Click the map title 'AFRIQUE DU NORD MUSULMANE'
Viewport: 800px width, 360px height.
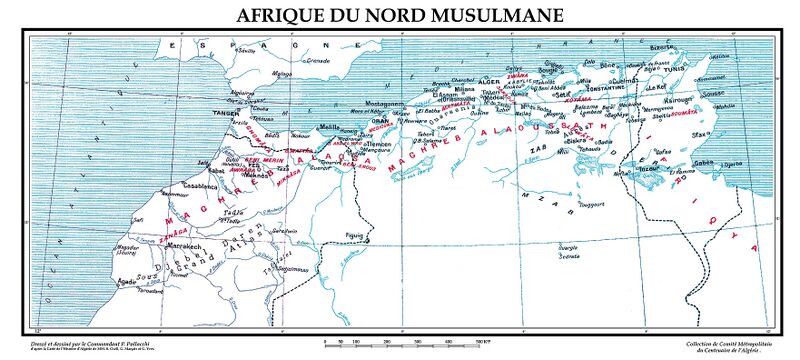point(399,15)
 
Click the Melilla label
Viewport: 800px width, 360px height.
point(327,127)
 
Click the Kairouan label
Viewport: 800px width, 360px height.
point(675,102)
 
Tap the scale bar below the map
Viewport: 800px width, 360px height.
point(399,343)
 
